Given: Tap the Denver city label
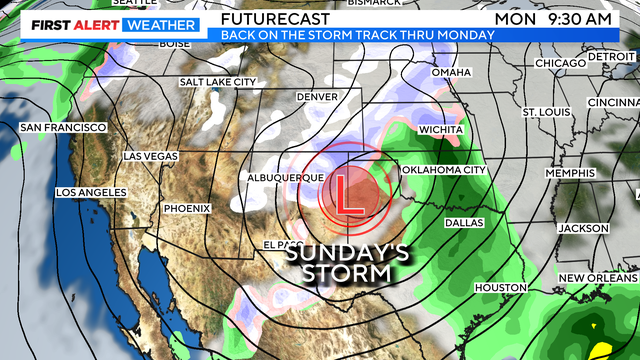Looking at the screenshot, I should pos(318,97).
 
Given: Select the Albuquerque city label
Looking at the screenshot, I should pos(285,177).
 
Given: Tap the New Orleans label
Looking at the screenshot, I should pos(597,277).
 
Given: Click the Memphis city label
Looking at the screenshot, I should pos(571,173).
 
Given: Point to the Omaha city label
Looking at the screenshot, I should pos(450,73).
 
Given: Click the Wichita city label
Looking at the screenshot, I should pos(441,130).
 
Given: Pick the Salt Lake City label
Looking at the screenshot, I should pos(218,82).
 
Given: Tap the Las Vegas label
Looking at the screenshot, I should pos(149,157).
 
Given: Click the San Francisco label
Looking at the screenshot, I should pos(62,127).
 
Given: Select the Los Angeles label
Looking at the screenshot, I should pos(91,192).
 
